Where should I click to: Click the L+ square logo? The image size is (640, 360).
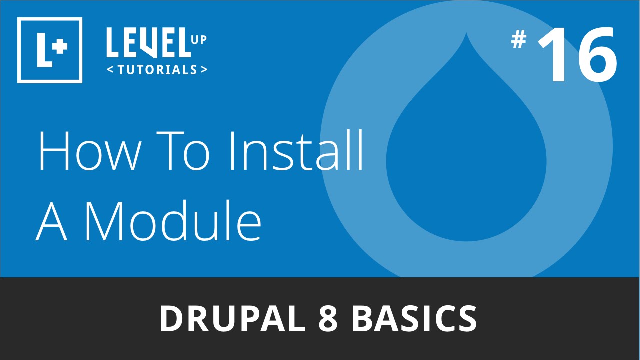click(x=49, y=50)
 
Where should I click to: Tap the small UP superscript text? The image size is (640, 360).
click(x=198, y=39)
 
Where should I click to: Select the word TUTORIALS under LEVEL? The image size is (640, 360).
click(x=157, y=70)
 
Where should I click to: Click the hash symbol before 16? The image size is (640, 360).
click(x=519, y=40)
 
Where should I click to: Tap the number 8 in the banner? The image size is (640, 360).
click(x=328, y=319)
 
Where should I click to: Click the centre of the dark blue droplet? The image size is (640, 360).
click(x=466, y=160)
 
